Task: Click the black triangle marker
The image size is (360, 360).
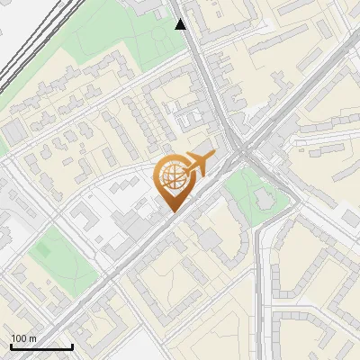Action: point(181,24)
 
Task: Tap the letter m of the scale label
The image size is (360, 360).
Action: point(32,338)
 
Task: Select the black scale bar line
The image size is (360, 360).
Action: point(41,346)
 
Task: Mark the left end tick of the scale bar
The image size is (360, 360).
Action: point(11,345)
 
